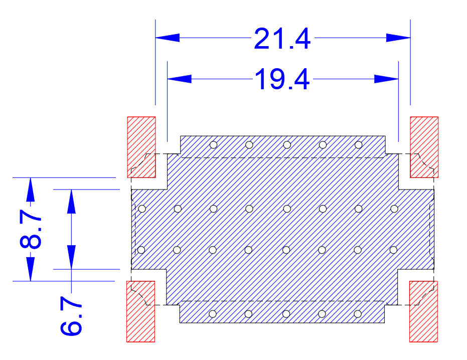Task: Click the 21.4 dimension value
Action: (282, 39)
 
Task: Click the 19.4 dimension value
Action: (282, 79)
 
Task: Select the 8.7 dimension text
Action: (31, 229)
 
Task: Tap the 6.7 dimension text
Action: (71, 315)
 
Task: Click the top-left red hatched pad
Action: (141, 147)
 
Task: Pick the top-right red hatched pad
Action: (424, 147)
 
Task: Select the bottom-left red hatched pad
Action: (140, 311)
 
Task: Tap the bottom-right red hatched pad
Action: (423, 311)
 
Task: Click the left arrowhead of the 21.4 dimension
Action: (168, 38)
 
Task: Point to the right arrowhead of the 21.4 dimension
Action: (398, 38)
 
